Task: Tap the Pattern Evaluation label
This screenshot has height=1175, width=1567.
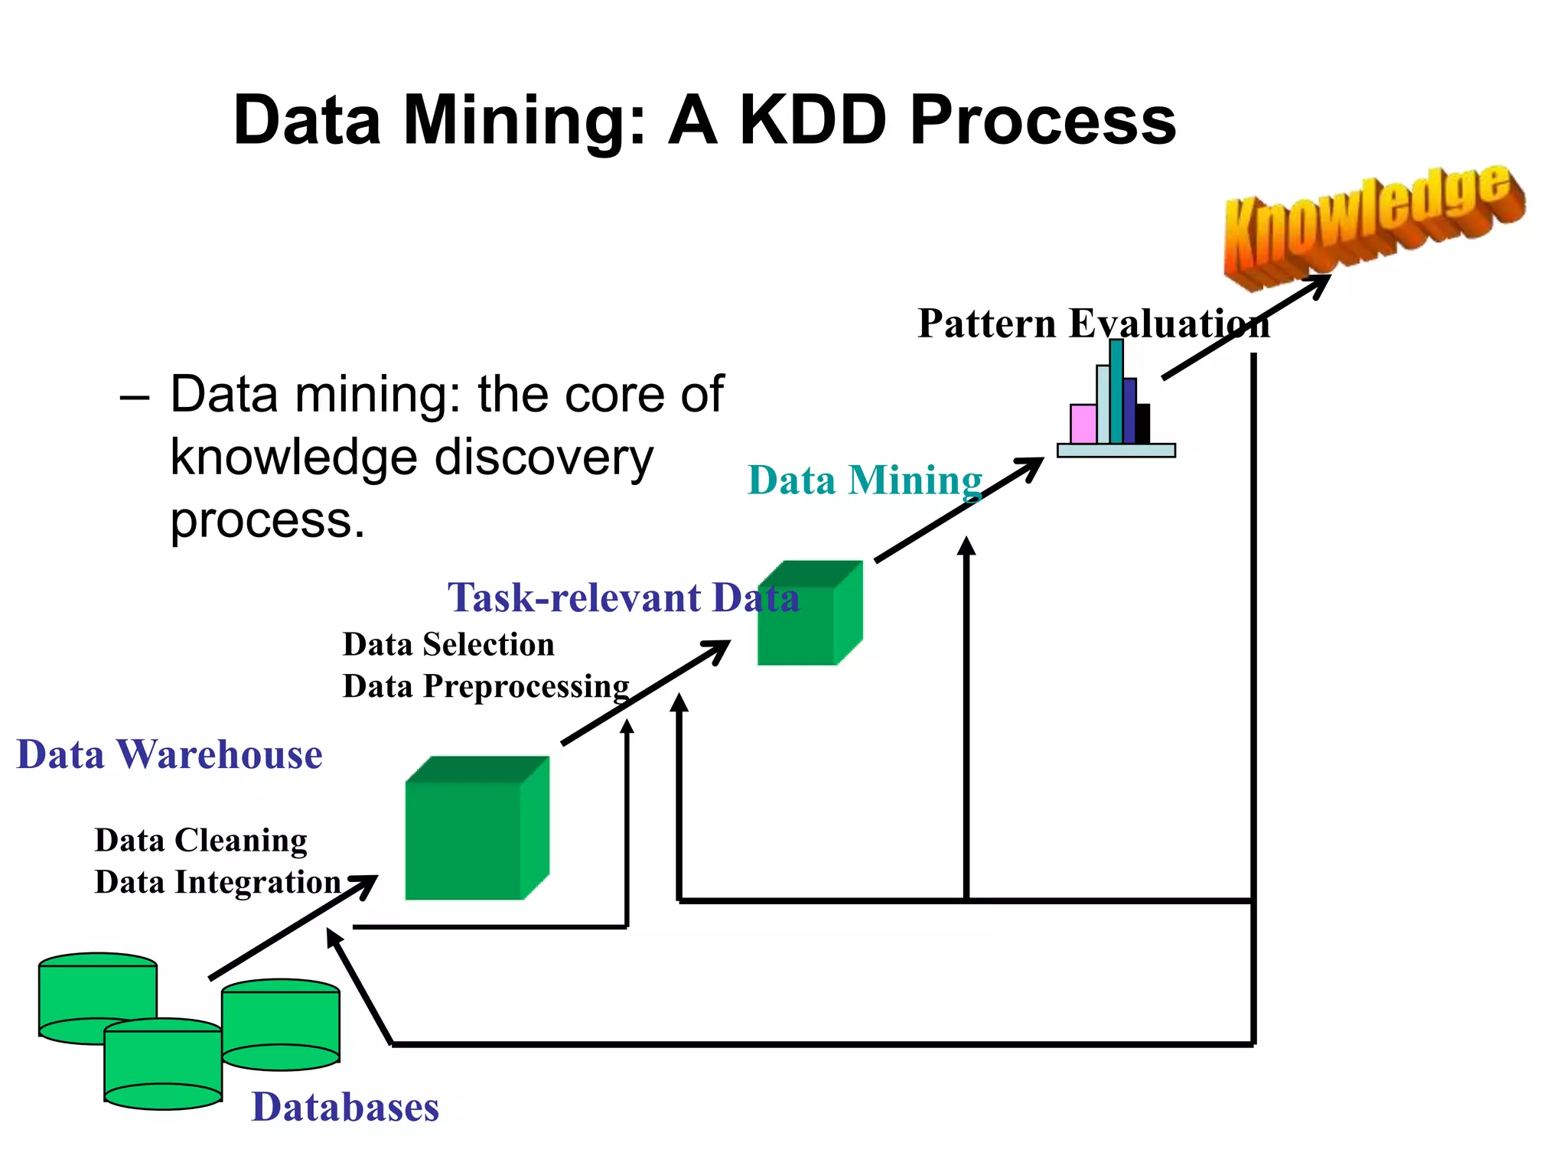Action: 1093,323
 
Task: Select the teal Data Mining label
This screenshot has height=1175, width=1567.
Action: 865,480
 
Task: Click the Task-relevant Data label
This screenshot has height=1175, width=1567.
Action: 624,597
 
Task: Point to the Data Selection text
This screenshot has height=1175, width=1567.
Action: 448,644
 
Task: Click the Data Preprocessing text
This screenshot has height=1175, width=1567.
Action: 486,686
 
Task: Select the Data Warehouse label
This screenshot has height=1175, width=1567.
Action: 169,754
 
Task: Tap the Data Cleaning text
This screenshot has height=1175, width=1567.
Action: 200,840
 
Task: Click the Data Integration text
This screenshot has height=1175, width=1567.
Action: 217,882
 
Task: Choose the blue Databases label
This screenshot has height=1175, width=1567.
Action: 345,1107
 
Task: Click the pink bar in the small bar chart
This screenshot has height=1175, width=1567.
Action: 1083,425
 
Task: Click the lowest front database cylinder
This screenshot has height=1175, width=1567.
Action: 163,1067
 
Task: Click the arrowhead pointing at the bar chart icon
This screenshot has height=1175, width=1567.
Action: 1029,467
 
